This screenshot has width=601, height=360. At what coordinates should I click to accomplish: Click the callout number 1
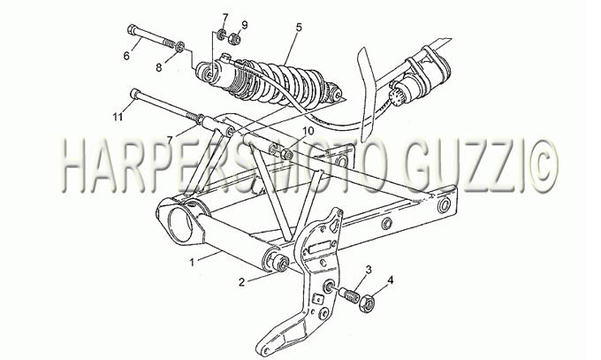pyautogui.click(x=193, y=263)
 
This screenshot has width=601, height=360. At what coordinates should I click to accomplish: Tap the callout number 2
pyautogui.click(x=241, y=282)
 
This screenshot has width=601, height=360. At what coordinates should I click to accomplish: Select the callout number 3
pyautogui.click(x=369, y=269)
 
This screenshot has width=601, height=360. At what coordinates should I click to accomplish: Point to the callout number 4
pyautogui.click(x=390, y=280)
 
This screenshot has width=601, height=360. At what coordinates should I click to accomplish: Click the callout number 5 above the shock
pyautogui.click(x=299, y=27)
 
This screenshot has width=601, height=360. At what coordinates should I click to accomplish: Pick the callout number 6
pyautogui.click(x=126, y=56)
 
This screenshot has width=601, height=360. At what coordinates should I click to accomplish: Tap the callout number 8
pyautogui.click(x=159, y=67)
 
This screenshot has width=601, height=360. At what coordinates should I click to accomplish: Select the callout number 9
pyautogui.click(x=244, y=25)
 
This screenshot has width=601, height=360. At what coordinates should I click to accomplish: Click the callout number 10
pyautogui.click(x=309, y=131)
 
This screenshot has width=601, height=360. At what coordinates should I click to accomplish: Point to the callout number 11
pyautogui.click(x=118, y=116)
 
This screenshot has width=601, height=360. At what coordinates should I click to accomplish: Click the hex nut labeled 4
pyautogui.click(x=367, y=304)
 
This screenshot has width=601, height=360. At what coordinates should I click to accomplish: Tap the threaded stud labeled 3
pyautogui.click(x=349, y=295)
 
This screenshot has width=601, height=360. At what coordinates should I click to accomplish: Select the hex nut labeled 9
pyautogui.click(x=234, y=39)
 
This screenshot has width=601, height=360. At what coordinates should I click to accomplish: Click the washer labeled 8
pyautogui.click(x=180, y=47)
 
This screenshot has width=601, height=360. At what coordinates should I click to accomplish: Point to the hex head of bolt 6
pyautogui.click(x=132, y=29)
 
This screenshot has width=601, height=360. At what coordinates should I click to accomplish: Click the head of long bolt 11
pyautogui.click(x=135, y=93)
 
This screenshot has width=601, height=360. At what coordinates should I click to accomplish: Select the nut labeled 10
pyautogui.click(x=286, y=154)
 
